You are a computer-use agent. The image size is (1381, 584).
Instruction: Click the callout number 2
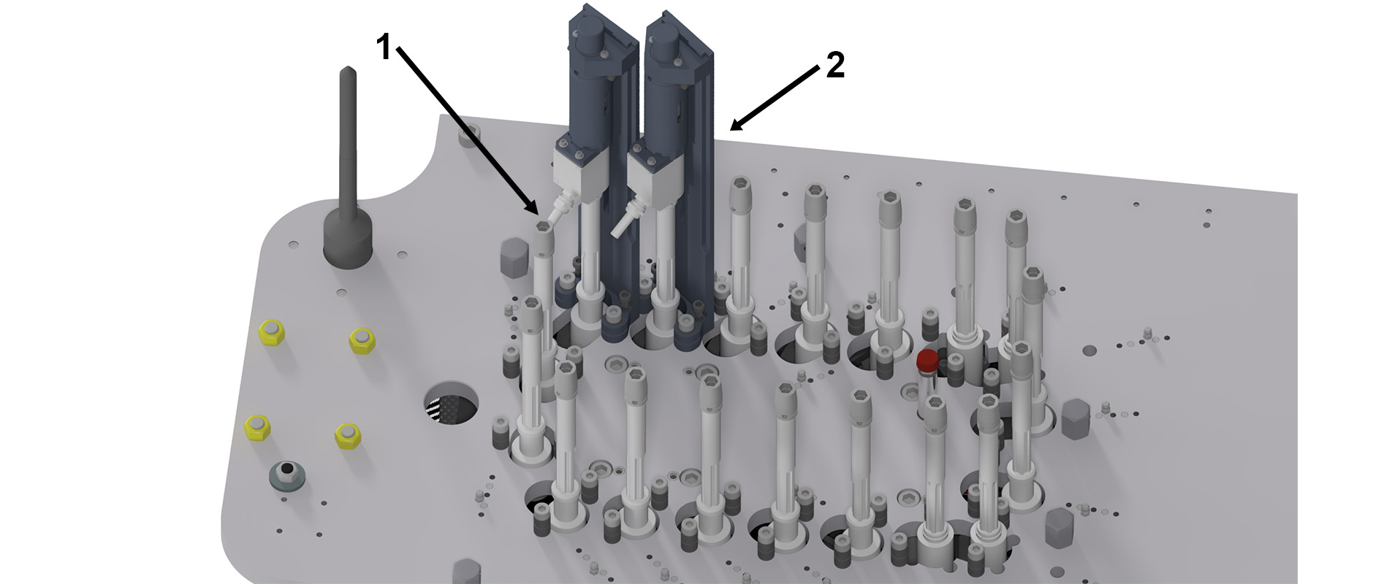click(835, 66)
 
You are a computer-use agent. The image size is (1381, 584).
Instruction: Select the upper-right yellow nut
click(362, 339)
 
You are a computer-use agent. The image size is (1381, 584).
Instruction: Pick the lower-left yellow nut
click(257, 427)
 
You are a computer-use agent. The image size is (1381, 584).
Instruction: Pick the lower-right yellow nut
click(349, 435)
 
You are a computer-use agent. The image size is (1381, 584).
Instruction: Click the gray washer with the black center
click(288, 475)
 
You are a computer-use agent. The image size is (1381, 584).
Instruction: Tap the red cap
click(927, 360)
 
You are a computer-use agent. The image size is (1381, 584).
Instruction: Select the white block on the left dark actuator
click(578, 170)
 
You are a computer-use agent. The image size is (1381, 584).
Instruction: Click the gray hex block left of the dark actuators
click(511, 259)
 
